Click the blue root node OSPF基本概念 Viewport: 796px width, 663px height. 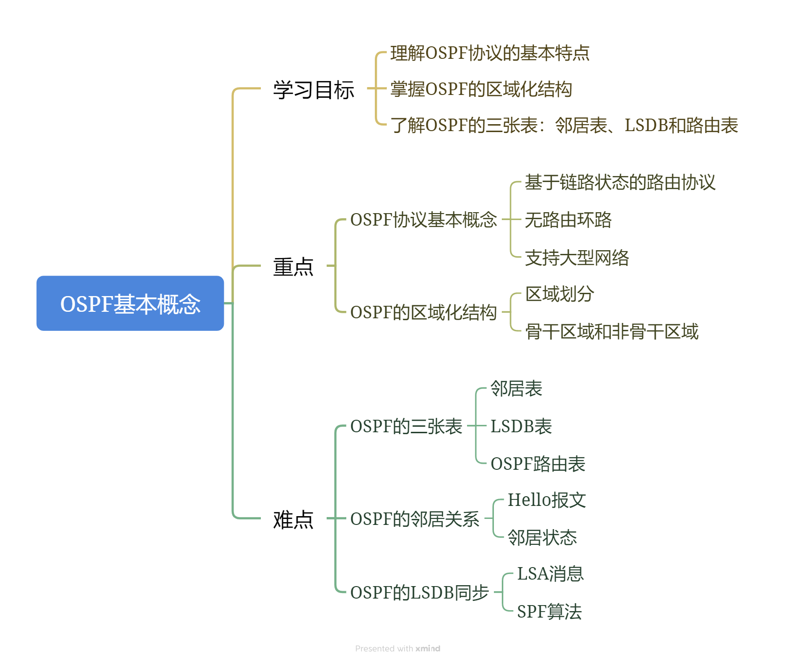pos(130,303)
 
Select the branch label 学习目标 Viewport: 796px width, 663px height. pos(314,89)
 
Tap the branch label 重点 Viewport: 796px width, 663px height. pos(293,267)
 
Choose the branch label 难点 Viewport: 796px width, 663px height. pos(293,519)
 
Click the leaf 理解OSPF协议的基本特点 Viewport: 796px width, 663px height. pos(490,53)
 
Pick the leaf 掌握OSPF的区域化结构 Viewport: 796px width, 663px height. pos(481,89)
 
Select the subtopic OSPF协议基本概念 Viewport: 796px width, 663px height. pos(423,220)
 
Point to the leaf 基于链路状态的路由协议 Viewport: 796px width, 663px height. pos(620,183)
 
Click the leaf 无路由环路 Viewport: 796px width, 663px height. pos(568,220)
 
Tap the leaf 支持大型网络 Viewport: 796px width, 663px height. pos(577,258)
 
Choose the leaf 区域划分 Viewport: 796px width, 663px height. pos(560,294)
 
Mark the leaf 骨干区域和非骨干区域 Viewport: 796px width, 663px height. pos(612,332)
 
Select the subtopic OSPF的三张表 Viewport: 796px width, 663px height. pos(406,426)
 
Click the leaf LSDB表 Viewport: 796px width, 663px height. pos(521,426)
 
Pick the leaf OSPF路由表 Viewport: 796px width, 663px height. pos(538,464)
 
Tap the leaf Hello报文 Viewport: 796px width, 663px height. pos(547,500)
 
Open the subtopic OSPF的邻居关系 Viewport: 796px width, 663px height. pos(415,519)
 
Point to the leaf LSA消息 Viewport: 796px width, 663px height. pos(550,574)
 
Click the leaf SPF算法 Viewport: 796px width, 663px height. pos(549,612)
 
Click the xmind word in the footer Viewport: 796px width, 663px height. pos(428,649)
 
